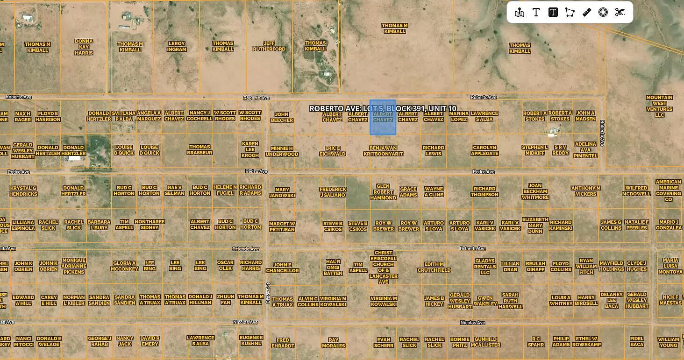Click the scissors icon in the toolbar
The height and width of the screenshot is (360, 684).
(x=620, y=13)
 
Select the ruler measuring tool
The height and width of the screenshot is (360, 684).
(x=587, y=13)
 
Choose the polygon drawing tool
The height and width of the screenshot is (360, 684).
(x=570, y=13)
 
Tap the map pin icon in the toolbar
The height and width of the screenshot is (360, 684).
(x=520, y=13)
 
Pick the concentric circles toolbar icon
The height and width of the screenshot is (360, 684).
(x=603, y=13)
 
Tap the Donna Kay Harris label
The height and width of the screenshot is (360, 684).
(x=84, y=47)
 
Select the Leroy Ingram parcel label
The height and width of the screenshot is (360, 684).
(x=177, y=47)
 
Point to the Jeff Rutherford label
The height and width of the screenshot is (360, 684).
(x=269, y=46)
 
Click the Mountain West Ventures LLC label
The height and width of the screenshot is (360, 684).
(x=659, y=106)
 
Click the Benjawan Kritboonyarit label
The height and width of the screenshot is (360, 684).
(x=383, y=151)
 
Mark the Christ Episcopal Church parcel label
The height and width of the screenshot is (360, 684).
(x=383, y=268)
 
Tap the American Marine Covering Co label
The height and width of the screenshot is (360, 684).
(x=668, y=191)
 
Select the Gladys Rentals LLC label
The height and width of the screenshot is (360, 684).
(x=484, y=267)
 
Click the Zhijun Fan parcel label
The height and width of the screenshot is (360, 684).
(x=225, y=299)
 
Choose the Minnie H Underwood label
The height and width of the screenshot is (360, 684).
(x=282, y=151)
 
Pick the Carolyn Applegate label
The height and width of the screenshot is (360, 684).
(x=484, y=150)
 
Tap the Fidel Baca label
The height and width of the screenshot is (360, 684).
(x=637, y=341)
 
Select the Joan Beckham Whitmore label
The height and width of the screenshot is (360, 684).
(x=535, y=191)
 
